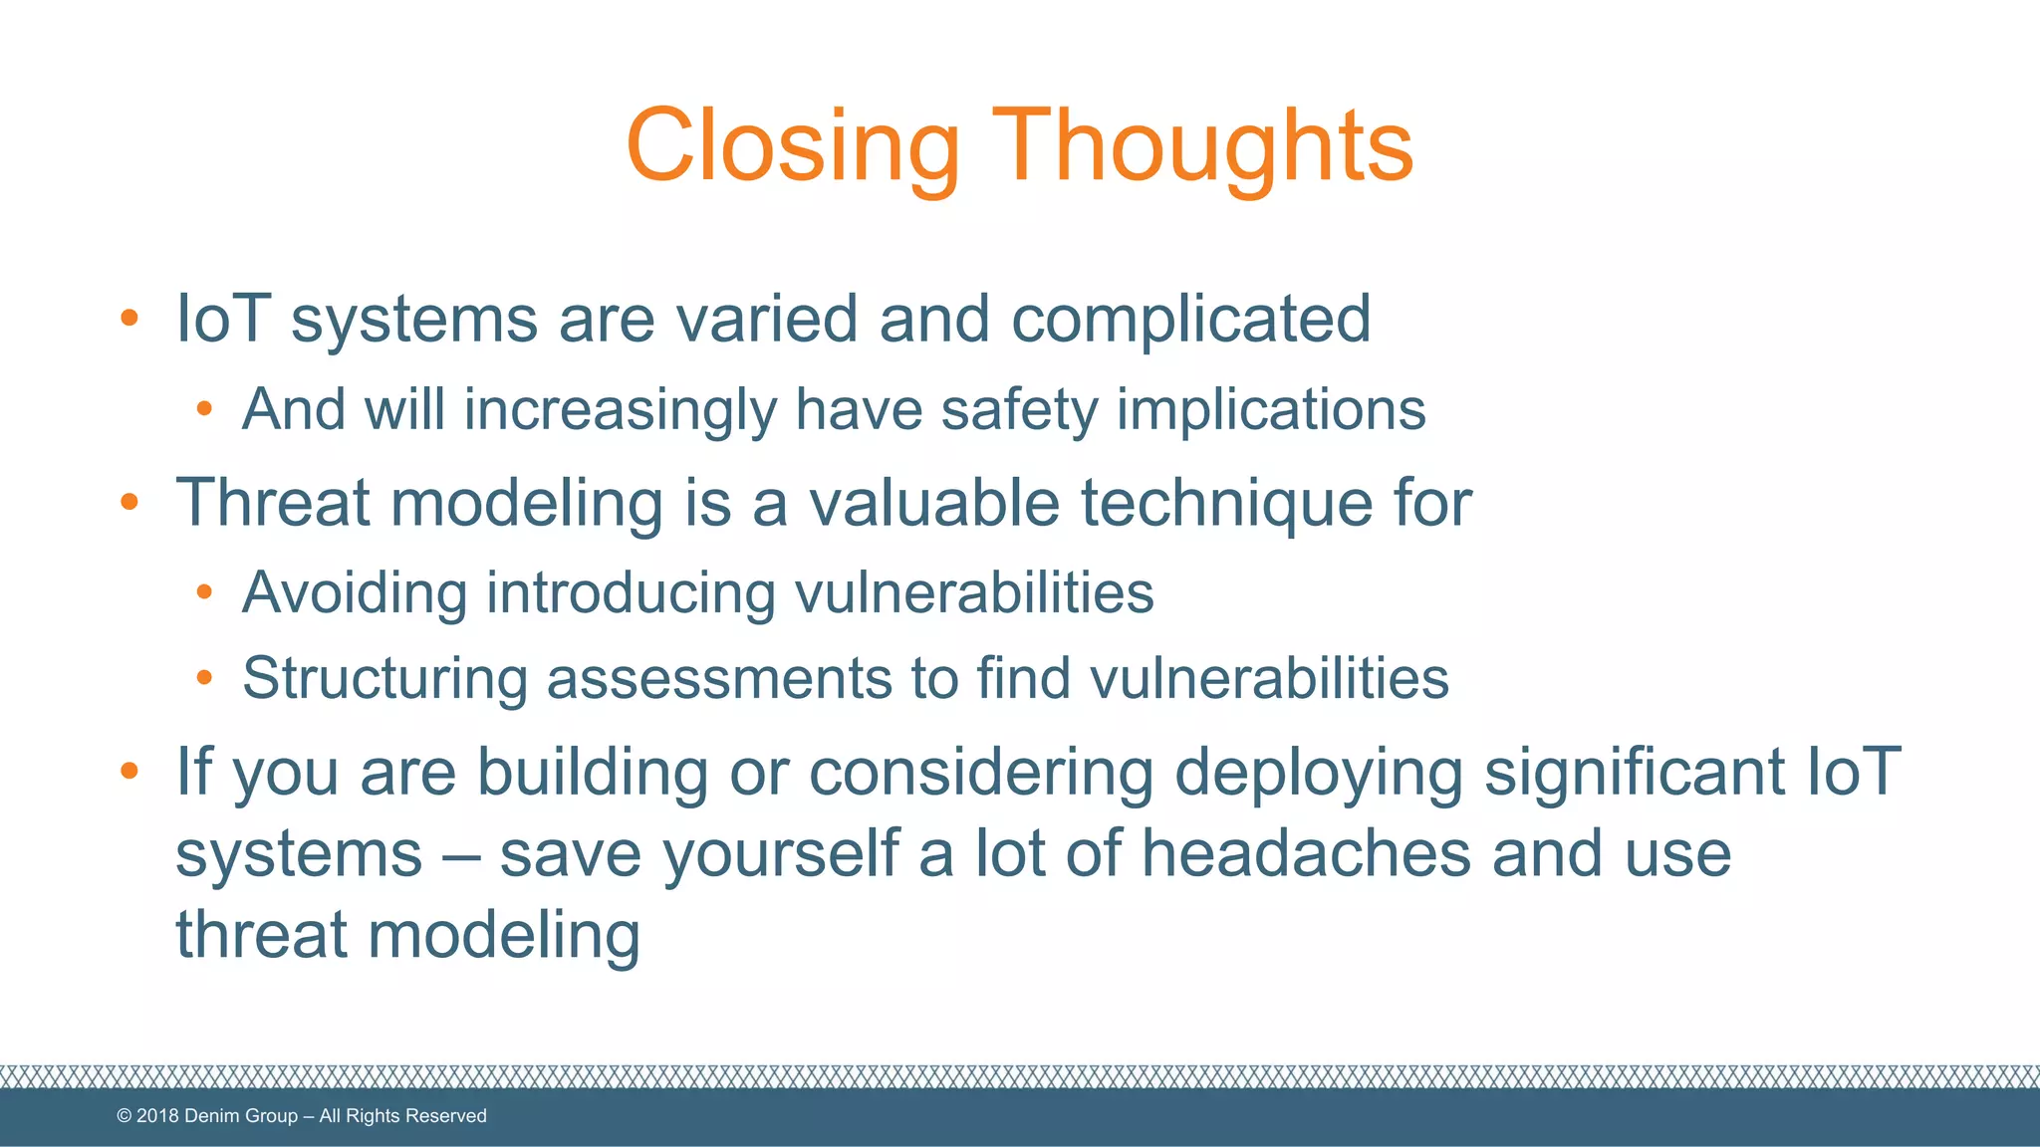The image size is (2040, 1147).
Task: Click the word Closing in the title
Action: (792, 146)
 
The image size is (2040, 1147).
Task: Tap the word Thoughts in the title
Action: (1202, 146)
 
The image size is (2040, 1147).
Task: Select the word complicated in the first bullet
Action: (1191, 320)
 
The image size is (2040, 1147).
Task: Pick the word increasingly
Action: (621, 410)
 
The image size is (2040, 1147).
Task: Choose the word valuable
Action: (934, 502)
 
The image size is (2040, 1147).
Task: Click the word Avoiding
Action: (355, 593)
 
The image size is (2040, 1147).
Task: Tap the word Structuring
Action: (384, 680)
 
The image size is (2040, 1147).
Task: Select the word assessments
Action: (719, 680)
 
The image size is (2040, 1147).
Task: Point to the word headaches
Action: (1306, 853)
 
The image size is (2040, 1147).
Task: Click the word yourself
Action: (781, 855)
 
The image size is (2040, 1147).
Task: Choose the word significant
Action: (1635, 773)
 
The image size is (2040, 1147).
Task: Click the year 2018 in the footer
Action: (157, 1116)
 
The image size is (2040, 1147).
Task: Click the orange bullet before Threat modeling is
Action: (128, 502)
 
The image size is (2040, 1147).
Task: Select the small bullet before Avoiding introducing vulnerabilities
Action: (204, 593)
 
